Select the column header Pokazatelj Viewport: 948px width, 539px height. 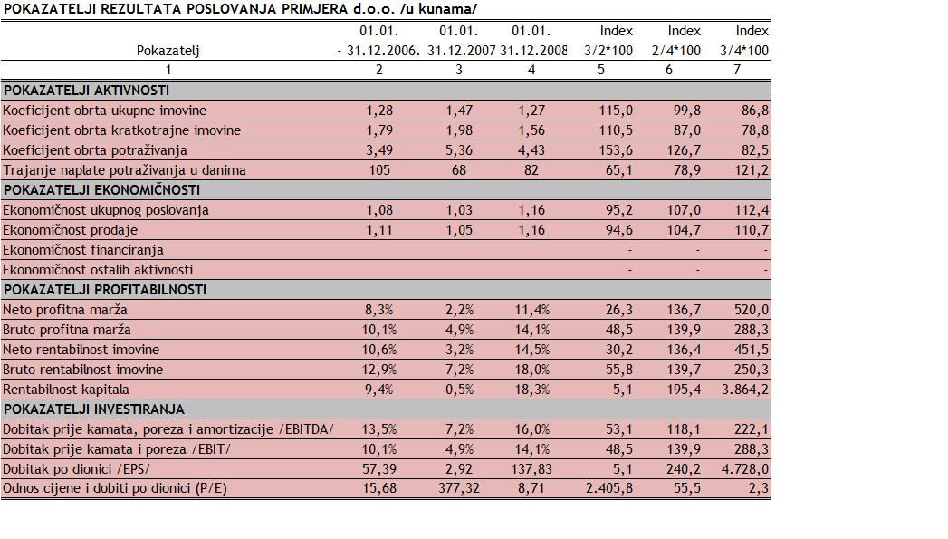point(168,51)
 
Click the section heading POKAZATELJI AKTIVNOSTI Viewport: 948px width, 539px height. point(86,91)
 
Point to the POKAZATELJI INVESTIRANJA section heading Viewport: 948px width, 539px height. point(93,409)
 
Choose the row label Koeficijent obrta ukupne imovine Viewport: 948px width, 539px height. point(104,111)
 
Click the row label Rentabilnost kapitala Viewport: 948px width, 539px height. point(66,390)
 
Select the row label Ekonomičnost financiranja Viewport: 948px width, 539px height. point(83,250)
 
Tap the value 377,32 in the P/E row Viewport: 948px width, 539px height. point(459,489)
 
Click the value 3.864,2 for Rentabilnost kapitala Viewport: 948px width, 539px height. point(744,390)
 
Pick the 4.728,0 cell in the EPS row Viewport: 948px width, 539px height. point(744,469)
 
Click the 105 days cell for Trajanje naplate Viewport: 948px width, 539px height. point(378,170)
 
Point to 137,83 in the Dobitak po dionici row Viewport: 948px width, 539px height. point(531,469)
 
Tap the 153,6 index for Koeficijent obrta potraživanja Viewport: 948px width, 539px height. point(616,150)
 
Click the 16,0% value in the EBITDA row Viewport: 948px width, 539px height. point(531,429)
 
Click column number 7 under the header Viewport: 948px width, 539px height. point(736,70)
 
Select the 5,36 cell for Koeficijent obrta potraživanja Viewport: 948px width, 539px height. point(459,150)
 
